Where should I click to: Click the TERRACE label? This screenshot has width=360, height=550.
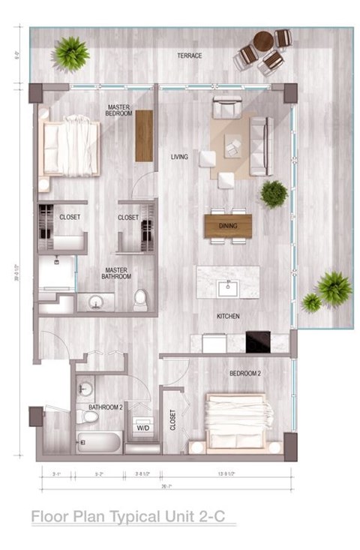(189, 56)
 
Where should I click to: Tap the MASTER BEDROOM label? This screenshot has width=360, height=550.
(119, 110)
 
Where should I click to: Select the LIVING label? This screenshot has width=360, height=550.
(179, 157)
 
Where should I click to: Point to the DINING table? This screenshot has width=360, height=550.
(228, 226)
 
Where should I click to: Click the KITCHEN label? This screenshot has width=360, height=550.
(228, 317)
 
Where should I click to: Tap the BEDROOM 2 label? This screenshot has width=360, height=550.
(244, 373)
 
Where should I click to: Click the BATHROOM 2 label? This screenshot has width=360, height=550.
(105, 407)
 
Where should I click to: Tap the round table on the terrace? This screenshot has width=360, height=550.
(262, 41)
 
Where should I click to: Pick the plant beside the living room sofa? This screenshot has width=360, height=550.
(274, 194)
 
